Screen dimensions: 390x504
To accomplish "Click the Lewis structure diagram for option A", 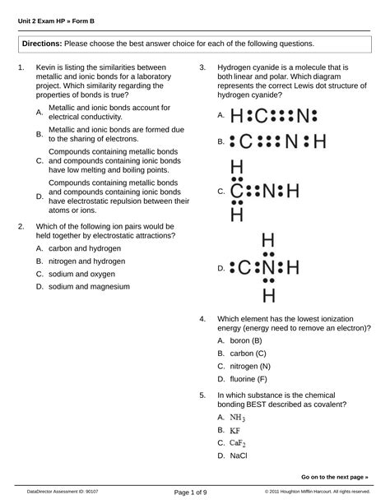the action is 273,116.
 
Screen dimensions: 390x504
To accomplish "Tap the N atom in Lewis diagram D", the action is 267,267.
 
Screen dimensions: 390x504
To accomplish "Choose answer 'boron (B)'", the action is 245,340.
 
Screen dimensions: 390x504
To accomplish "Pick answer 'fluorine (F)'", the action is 248,379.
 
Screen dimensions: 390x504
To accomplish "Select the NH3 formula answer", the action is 237,418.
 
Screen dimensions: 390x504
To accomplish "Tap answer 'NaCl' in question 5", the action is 239,455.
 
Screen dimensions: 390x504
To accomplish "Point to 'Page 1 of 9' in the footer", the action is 191,492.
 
